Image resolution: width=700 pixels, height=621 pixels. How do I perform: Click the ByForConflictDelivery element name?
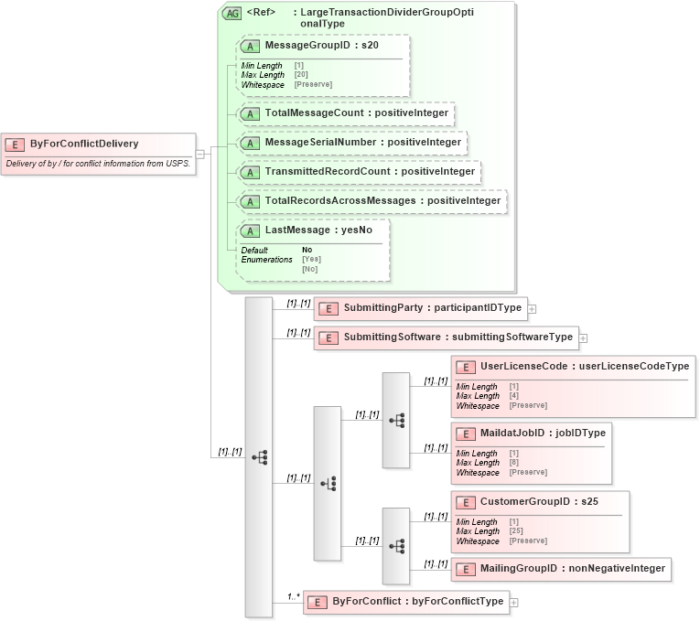pos(84,144)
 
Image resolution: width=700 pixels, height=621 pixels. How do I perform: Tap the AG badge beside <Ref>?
pos(232,14)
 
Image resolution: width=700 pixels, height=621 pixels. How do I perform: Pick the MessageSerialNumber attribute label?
pos(360,143)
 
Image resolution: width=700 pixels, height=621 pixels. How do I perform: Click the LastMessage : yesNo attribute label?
pos(318,230)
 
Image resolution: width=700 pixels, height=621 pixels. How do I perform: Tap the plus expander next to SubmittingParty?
pos(532,309)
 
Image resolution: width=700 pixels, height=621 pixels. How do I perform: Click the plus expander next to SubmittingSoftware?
pos(583,337)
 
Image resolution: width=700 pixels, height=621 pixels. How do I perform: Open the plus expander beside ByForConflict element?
pos(513,602)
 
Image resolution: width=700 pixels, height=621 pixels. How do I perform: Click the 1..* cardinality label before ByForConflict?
pos(293,597)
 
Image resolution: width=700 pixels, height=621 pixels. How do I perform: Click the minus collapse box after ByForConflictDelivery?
pos(199,154)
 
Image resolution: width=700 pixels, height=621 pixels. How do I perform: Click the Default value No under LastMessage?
pos(307,250)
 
